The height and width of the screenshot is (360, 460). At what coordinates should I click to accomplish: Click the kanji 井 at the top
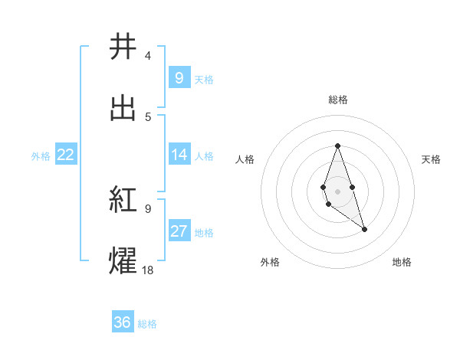tap(123, 47)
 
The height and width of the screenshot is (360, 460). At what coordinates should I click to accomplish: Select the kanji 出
tap(123, 109)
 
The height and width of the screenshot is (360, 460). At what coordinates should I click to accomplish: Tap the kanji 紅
tap(123, 201)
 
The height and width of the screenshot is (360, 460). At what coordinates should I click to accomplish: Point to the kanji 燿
tap(123, 260)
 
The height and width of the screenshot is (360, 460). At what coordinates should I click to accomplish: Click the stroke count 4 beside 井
tap(147, 55)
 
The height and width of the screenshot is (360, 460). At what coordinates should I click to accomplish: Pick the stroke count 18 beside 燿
tap(147, 269)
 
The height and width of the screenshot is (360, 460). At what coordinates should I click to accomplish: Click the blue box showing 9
tap(179, 77)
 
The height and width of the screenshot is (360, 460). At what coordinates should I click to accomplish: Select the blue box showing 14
tap(179, 155)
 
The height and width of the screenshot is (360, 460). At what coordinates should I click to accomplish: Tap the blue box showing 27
tap(179, 231)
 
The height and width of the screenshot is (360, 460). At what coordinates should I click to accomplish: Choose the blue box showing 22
tap(66, 155)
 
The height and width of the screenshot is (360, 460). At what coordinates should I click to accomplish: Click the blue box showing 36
tap(123, 322)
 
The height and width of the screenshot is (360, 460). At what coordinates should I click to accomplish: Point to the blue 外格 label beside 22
tap(41, 156)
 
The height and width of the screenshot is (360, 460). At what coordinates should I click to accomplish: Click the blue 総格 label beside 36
tap(147, 324)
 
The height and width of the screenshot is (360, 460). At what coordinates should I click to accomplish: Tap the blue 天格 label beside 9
tap(204, 79)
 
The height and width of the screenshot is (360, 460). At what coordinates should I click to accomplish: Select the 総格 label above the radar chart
tap(337, 100)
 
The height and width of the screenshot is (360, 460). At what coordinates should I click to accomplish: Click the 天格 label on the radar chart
tap(432, 159)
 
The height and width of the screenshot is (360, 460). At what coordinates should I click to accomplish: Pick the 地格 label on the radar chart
tap(402, 262)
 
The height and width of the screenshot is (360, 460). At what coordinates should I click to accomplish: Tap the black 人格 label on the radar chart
tap(245, 159)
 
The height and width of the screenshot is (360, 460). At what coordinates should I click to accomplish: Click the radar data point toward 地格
tap(364, 229)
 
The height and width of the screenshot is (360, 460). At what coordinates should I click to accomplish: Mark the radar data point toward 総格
tap(337, 146)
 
